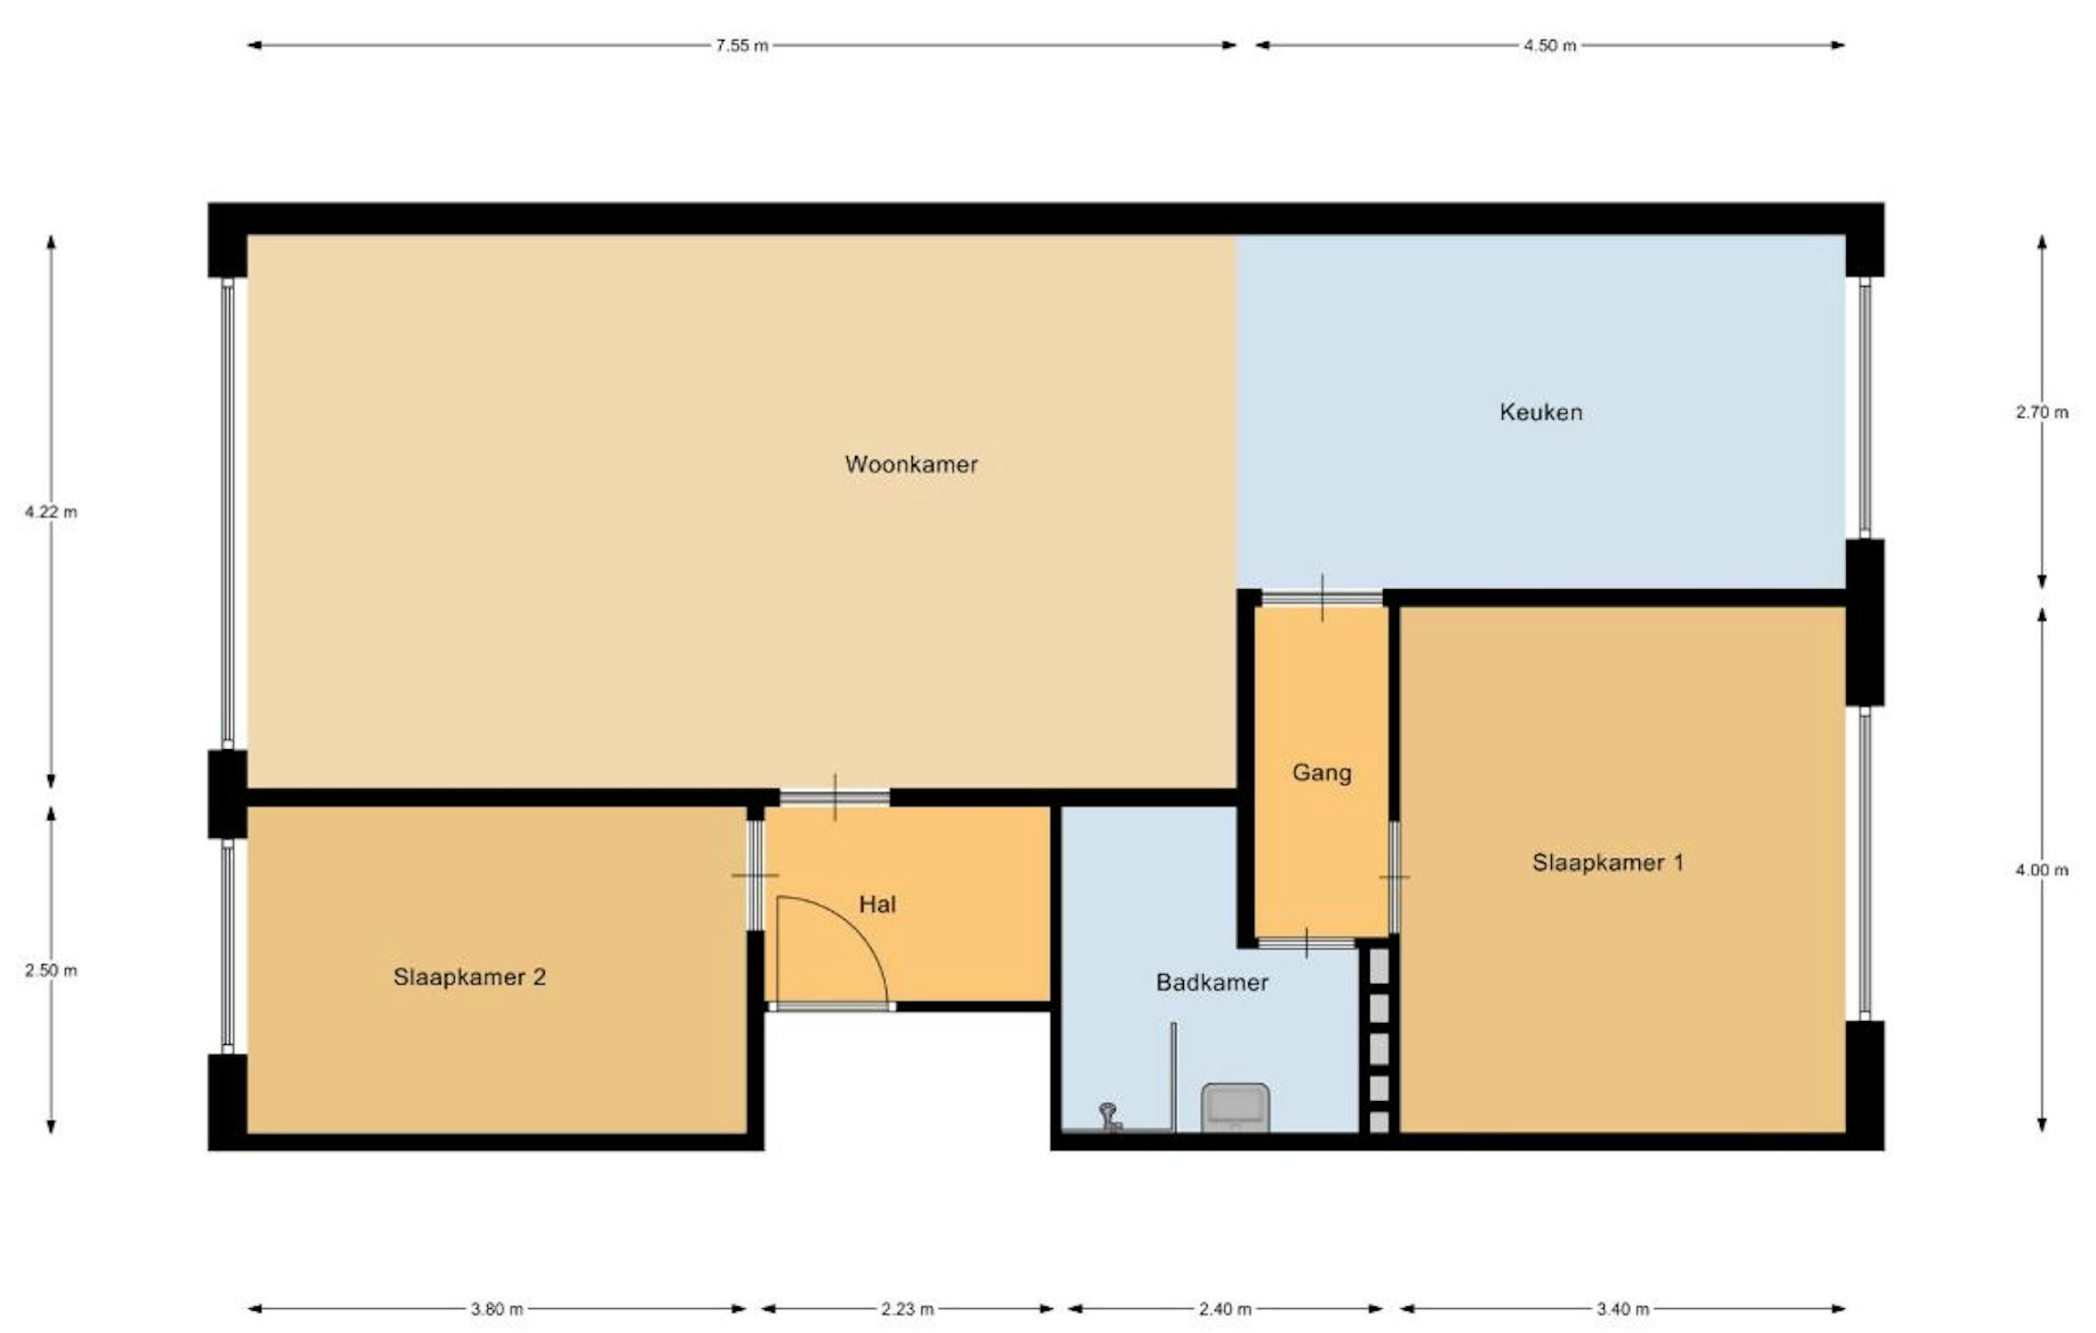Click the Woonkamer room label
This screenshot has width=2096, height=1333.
point(911,464)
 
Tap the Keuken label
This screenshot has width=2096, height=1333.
point(1541,412)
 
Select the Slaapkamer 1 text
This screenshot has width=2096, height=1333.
point(1608,862)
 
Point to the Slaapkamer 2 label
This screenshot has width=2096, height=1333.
point(469,978)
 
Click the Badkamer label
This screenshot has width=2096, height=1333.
point(1212,982)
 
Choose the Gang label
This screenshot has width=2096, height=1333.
point(1322,773)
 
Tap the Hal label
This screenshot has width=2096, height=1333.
point(877,905)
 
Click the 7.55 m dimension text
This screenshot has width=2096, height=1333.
point(742,45)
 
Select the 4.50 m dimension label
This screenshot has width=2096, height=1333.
point(1549,45)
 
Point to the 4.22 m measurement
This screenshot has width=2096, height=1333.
point(51,512)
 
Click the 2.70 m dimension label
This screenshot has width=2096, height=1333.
point(2042,412)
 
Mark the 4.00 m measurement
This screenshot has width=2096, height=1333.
point(2042,870)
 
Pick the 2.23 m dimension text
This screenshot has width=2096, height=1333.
point(908,1309)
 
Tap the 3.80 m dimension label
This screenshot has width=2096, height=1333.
point(497,1309)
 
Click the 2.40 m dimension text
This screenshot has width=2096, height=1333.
point(1225,1309)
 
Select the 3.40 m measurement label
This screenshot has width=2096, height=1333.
point(1622,1309)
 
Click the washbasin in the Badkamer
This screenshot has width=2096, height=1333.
point(1235,1107)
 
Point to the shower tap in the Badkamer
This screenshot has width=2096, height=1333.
point(1109,1116)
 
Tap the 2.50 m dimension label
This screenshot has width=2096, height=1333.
point(51,970)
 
